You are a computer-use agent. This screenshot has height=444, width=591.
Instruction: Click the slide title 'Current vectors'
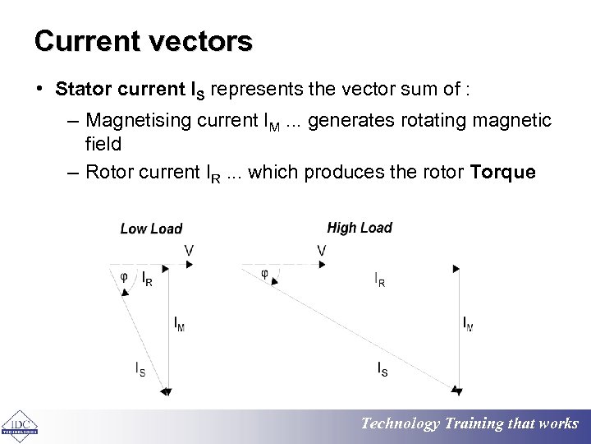(144, 40)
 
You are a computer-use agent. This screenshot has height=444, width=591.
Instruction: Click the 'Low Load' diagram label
(151, 229)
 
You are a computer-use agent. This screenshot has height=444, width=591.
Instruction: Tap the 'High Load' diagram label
(360, 228)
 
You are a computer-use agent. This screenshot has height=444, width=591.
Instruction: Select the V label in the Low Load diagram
(190, 249)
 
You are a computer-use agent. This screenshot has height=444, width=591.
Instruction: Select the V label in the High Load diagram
(321, 249)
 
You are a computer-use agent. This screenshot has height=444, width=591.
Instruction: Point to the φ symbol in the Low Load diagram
(124, 276)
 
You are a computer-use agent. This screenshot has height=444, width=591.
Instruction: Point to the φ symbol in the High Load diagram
(264, 274)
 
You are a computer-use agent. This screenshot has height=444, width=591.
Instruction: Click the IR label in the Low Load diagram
(146, 279)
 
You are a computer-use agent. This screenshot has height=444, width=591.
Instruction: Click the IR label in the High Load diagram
(380, 280)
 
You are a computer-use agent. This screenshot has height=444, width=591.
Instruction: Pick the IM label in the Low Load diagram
(179, 324)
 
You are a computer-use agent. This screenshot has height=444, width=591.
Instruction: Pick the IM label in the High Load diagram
(467, 324)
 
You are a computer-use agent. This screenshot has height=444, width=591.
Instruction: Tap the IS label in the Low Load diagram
(140, 369)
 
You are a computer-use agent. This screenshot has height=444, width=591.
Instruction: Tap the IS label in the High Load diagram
(383, 369)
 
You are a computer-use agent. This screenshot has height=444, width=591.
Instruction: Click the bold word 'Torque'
(502, 172)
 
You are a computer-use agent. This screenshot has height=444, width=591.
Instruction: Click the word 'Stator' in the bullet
(79, 88)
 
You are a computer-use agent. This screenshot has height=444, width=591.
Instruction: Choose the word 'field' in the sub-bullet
(103, 144)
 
